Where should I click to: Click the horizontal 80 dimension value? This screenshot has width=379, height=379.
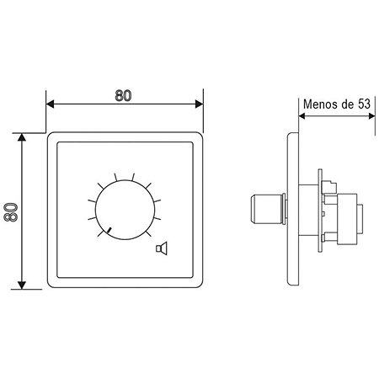(x=123, y=96)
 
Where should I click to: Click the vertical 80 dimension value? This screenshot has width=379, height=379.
(x=11, y=212)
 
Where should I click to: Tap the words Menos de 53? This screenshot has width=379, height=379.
(x=337, y=104)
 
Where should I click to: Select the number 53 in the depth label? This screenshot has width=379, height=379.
(x=364, y=104)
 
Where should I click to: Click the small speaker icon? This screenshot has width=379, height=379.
(x=162, y=248)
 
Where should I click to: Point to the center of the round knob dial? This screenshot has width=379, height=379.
(x=125, y=210)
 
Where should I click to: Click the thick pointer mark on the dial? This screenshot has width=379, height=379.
(x=109, y=230)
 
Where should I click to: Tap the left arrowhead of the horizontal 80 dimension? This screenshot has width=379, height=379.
(x=50, y=104)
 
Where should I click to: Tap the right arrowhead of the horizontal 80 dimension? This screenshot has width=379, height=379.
(x=199, y=104)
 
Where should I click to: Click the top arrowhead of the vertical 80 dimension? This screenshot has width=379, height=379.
(x=22, y=137)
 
